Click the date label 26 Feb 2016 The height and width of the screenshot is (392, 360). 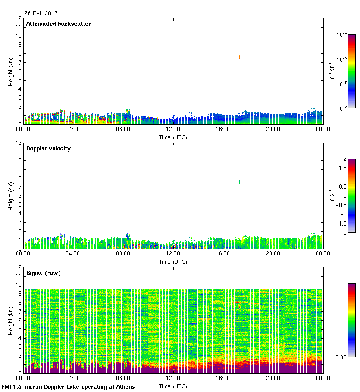click(42, 13)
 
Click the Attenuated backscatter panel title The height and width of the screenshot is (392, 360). click(58, 24)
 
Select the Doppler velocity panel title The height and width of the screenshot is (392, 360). click(48, 148)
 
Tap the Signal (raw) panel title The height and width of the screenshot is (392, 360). click(43, 273)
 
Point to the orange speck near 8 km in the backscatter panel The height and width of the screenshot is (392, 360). click(239, 57)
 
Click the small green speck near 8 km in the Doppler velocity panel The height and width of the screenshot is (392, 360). click(239, 182)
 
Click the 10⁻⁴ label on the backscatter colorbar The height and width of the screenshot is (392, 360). click(342, 35)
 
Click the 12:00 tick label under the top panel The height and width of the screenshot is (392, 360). click(173, 129)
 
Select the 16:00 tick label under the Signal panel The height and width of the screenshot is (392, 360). click(223, 378)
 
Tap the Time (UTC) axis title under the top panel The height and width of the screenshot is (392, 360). click(173, 137)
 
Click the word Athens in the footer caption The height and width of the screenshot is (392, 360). click(125, 386)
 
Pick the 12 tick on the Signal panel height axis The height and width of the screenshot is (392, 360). click(18, 267)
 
